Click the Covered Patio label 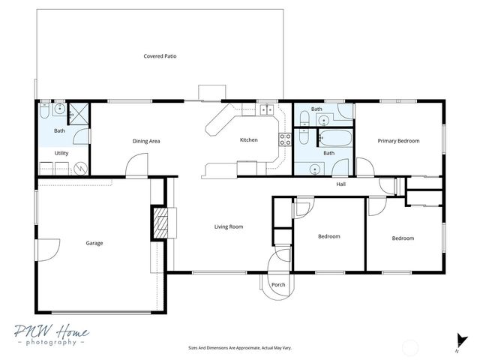point(160,56)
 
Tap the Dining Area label point(146,141)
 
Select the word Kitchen point(248,140)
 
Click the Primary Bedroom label point(398,141)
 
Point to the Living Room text point(229,226)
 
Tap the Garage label point(94,243)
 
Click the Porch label point(278,285)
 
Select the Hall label point(340,184)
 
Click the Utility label point(61,153)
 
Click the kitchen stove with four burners point(285,139)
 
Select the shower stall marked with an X point(78,113)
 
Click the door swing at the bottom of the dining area point(135,166)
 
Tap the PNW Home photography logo point(52,335)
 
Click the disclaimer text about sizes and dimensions point(239,348)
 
